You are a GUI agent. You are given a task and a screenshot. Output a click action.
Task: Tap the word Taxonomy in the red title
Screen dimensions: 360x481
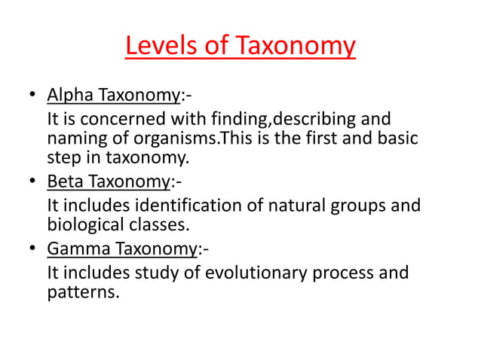(295, 47)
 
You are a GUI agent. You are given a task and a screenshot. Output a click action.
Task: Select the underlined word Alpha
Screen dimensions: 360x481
(69, 96)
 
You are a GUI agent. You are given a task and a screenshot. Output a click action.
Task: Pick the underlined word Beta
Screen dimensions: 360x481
(65, 183)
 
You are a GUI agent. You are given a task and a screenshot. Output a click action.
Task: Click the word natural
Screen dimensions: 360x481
(304, 205)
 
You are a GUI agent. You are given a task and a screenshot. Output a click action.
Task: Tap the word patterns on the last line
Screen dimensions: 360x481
(81, 291)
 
